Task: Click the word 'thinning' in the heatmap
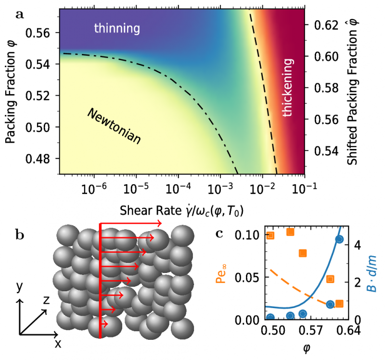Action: click(x=117, y=29)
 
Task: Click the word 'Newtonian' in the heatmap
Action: click(x=114, y=126)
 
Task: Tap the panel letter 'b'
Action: click(x=21, y=235)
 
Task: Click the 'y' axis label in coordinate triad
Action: click(x=19, y=287)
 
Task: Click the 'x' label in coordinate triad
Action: click(x=58, y=343)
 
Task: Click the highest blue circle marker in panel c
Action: click(x=339, y=239)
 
